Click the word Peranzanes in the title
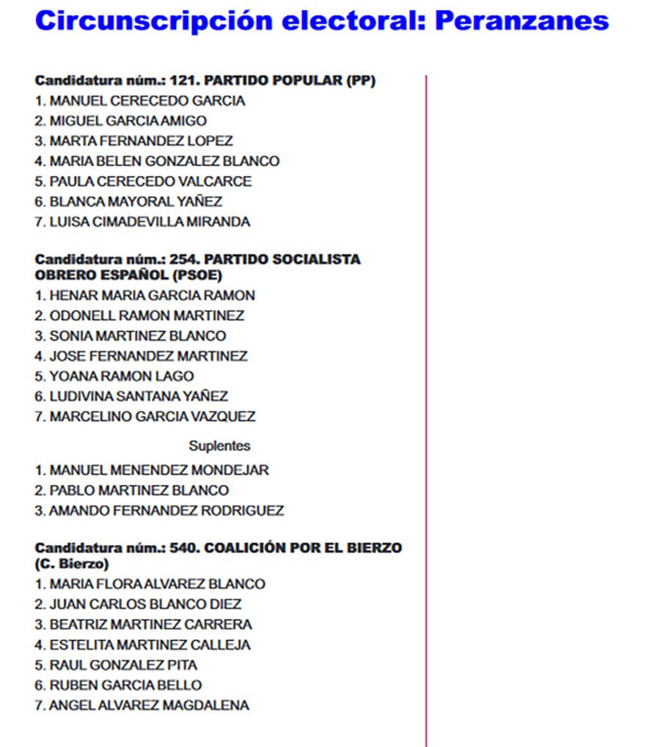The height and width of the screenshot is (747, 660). pos(521,21)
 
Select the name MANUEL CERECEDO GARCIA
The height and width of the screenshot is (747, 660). pos(147,101)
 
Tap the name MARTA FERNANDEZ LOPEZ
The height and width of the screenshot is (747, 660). pos(141,141)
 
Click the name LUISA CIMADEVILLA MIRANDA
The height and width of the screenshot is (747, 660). pos(150,222)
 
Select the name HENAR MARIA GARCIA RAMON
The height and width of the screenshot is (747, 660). pos(152,296)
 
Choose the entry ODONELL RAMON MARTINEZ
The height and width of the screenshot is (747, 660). pos(147,316)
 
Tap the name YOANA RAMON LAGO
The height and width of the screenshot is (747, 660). pos(121,376)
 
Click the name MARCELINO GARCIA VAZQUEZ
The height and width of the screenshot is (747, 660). pos(152,417)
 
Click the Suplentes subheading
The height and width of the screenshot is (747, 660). pos(219,446)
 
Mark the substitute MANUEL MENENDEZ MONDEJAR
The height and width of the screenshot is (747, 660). pos(158,470)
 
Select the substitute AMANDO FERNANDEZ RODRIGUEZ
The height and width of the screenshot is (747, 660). pos(166,510)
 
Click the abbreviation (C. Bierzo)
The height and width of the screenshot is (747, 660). pos(72,564)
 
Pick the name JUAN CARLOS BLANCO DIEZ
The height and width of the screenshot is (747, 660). pos(145,605)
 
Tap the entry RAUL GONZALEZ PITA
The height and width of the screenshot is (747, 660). pos(123,666)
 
